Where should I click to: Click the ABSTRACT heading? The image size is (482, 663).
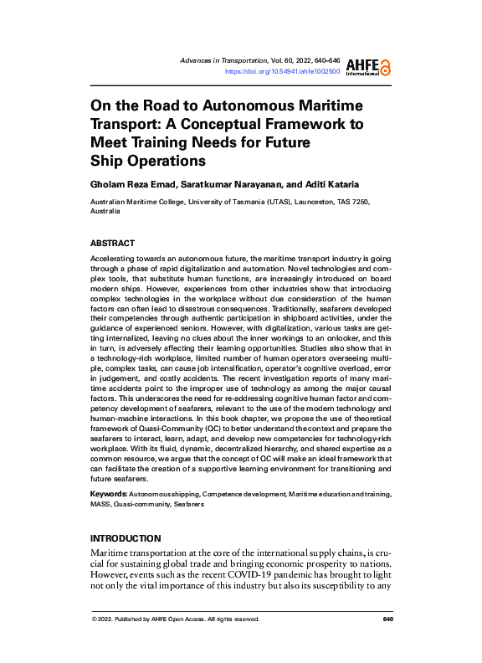[112, 244]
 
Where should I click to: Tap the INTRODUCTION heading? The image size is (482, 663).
[126, 538]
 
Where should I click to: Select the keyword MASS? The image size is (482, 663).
[101, 505]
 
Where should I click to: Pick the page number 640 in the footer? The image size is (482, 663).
[387, 619]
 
